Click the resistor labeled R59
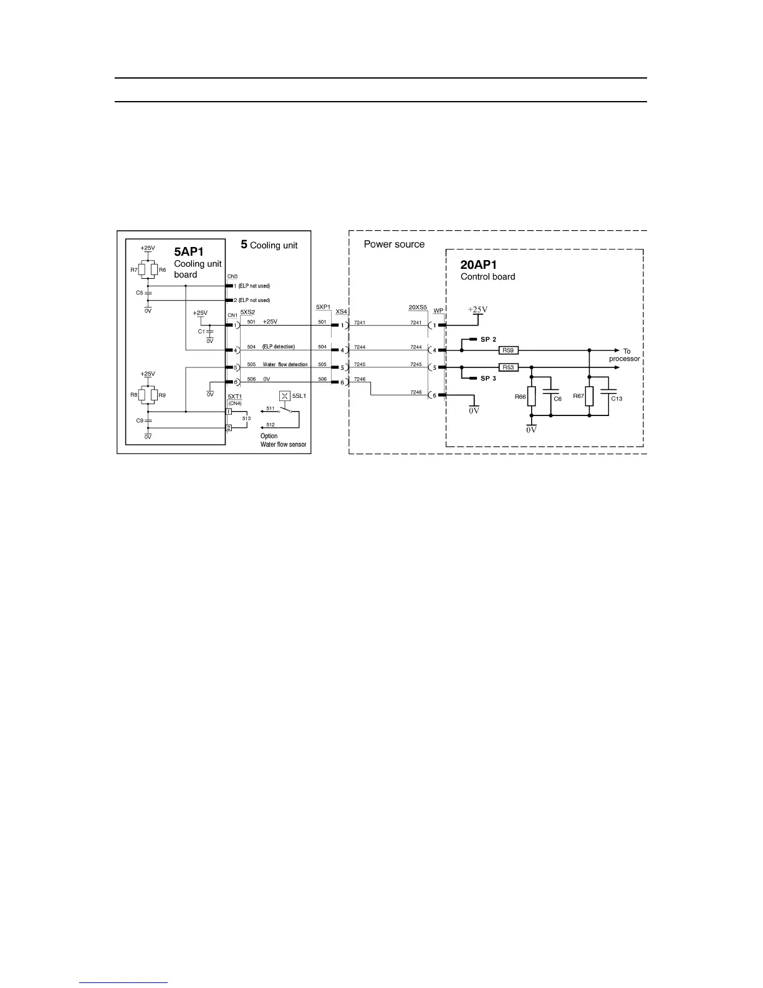[x=509, y=351]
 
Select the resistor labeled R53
[x=509, y=367]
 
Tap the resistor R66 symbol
[x=531, y=396]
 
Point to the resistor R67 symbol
[x=589, y=396]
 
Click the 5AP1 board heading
[x=188, y=253]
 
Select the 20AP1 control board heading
[x=479, y=265]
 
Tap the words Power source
[x=394, y=245]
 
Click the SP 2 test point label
[x=488, y=339]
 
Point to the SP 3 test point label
[x=488, y=379]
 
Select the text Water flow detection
[x=285, y=364]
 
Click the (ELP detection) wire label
[x=278, y=347]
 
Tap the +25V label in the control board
[x=477, y=310]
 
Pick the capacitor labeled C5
[x=148, y=293]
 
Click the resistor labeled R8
[x=142, y=395]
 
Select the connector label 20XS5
[x=418, y=308]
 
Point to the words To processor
[x=625, y=355]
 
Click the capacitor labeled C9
[x=148, y=421]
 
